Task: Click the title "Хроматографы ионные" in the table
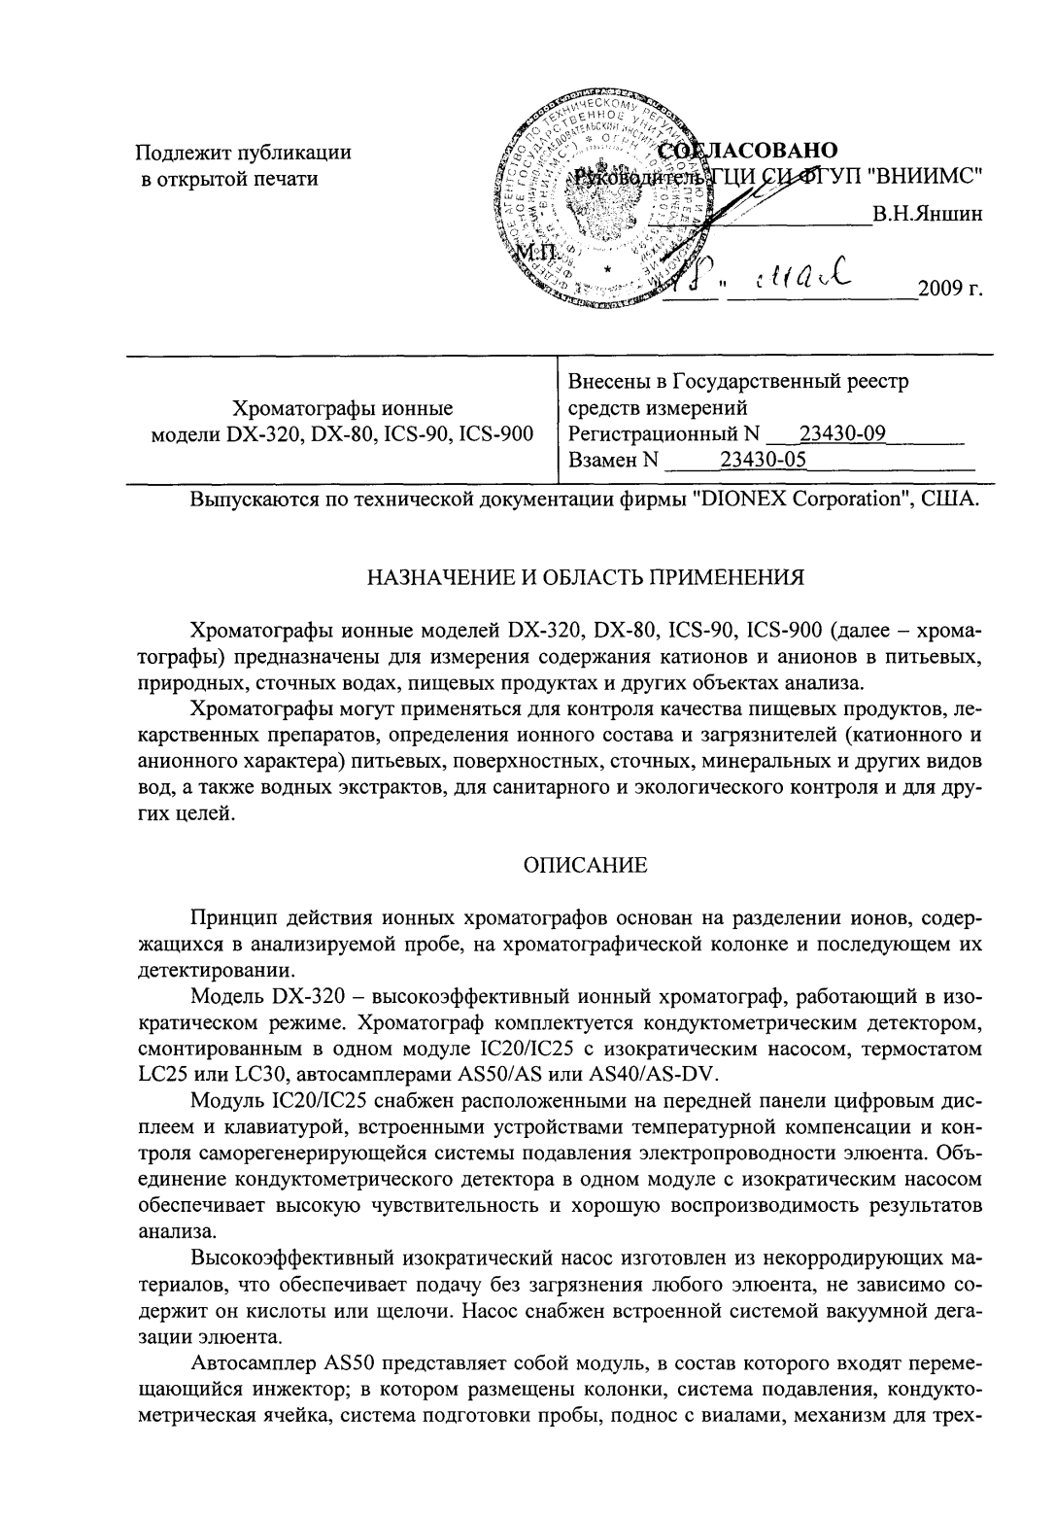click(x=344, y=408)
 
